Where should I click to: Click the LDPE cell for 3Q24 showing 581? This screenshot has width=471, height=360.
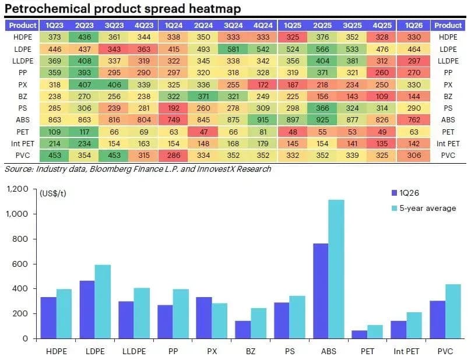[233, 49]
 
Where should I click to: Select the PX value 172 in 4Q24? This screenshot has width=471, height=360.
[263, 84]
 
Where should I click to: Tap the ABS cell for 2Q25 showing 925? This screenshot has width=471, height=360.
[322, 120]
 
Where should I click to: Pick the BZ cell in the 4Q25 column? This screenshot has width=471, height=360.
[382, 96]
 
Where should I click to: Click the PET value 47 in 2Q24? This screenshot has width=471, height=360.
[203, 132]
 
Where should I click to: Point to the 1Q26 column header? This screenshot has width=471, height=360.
[414, 26]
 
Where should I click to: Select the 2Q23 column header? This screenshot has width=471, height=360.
[85, 26]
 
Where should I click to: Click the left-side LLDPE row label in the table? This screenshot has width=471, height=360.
[23, 61]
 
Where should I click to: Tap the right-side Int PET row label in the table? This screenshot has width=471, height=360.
[448, 143]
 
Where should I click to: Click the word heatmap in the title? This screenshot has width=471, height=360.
[215, 8]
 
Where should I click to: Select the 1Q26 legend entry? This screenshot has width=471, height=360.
[405, 193]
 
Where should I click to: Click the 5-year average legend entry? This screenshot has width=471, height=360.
[424, 208]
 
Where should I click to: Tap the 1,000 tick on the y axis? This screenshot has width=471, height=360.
[17, 214]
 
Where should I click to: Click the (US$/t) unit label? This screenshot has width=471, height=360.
[53, 193]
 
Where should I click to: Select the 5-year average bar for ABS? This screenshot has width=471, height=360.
[336, 269]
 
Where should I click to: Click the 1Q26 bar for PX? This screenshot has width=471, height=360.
[204, 317]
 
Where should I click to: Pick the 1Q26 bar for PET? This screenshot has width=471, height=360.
[360, 334]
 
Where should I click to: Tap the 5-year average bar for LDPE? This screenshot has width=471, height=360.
[103, 301]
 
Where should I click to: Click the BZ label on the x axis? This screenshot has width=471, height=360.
[251, 351]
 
